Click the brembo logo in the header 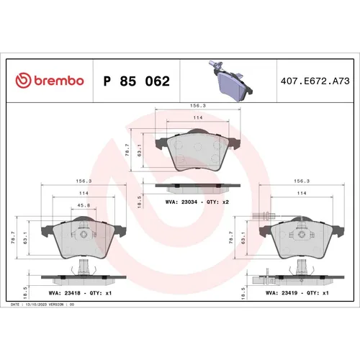50,81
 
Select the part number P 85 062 136,81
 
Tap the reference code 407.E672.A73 314,81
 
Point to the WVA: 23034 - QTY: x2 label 197,202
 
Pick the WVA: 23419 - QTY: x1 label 297,293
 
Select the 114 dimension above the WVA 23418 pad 84,194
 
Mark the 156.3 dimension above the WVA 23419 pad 301,181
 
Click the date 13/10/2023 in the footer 37,305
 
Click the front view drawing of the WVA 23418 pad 83,241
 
